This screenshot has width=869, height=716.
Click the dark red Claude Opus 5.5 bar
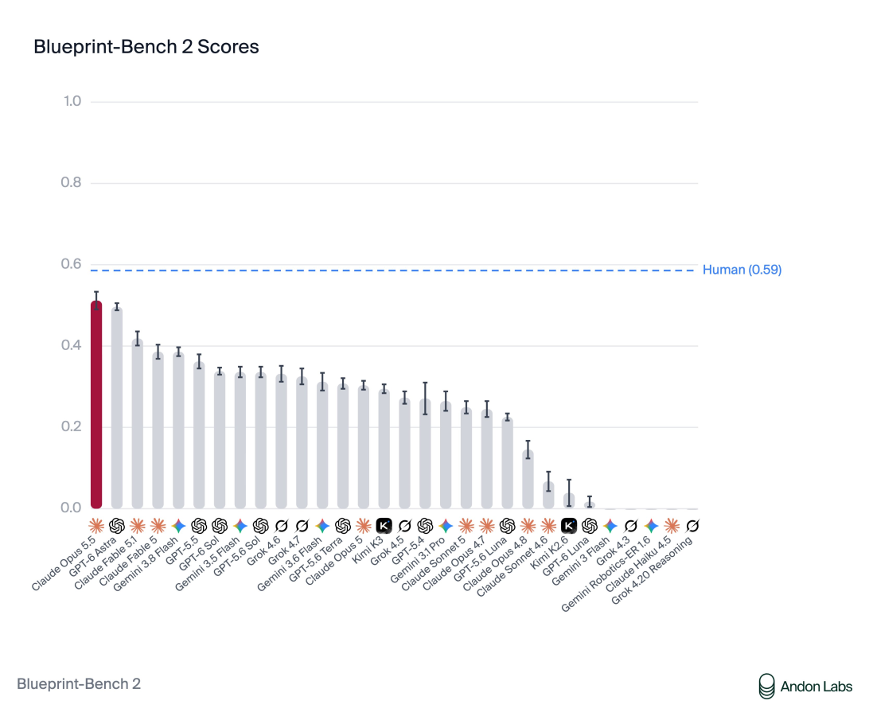tap(96, 405)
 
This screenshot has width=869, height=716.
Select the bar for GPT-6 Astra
tap(117, 408)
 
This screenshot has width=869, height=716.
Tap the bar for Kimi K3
tap(384, 449)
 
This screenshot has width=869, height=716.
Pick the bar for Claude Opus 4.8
tap(528, 480)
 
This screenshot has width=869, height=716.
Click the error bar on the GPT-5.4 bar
tap(425, 399)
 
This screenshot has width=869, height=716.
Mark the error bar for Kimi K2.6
tap(569, 492)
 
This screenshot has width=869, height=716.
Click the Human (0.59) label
tap(742, 270)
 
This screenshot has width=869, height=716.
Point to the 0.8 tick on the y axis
tap(71, 182)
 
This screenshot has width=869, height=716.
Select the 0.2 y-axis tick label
tap(71, 426)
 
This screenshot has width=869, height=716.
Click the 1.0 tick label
tap(72, 101)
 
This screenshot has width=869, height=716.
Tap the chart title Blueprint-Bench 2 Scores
tap(146, 47)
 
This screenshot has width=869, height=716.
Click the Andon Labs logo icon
tap(766, 686)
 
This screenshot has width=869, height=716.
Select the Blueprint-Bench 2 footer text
tap(79, 684)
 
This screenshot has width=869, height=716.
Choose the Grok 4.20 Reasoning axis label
tap(652, 570)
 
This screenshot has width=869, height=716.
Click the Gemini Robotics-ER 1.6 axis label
tap(606, 574)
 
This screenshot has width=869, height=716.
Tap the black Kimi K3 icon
tap(384, 525)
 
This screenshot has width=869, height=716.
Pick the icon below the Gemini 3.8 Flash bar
tap(178, 525)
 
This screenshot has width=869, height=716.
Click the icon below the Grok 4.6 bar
tap(281, 525)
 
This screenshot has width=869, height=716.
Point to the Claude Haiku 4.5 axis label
tap(638, 570)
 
